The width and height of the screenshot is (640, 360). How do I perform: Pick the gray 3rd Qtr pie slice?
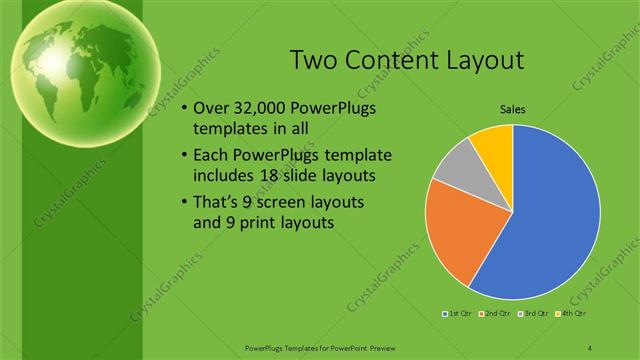point(452,164)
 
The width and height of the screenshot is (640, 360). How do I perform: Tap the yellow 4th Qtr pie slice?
point(493,144)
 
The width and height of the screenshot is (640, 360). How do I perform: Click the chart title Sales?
point(512,109)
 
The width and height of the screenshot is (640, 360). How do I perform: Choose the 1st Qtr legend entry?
point(460,313)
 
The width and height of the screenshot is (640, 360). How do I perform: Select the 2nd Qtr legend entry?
point(497,313)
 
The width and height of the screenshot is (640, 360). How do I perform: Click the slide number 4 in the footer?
point(590,346)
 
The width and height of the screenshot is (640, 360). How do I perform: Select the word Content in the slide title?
point(393,61)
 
